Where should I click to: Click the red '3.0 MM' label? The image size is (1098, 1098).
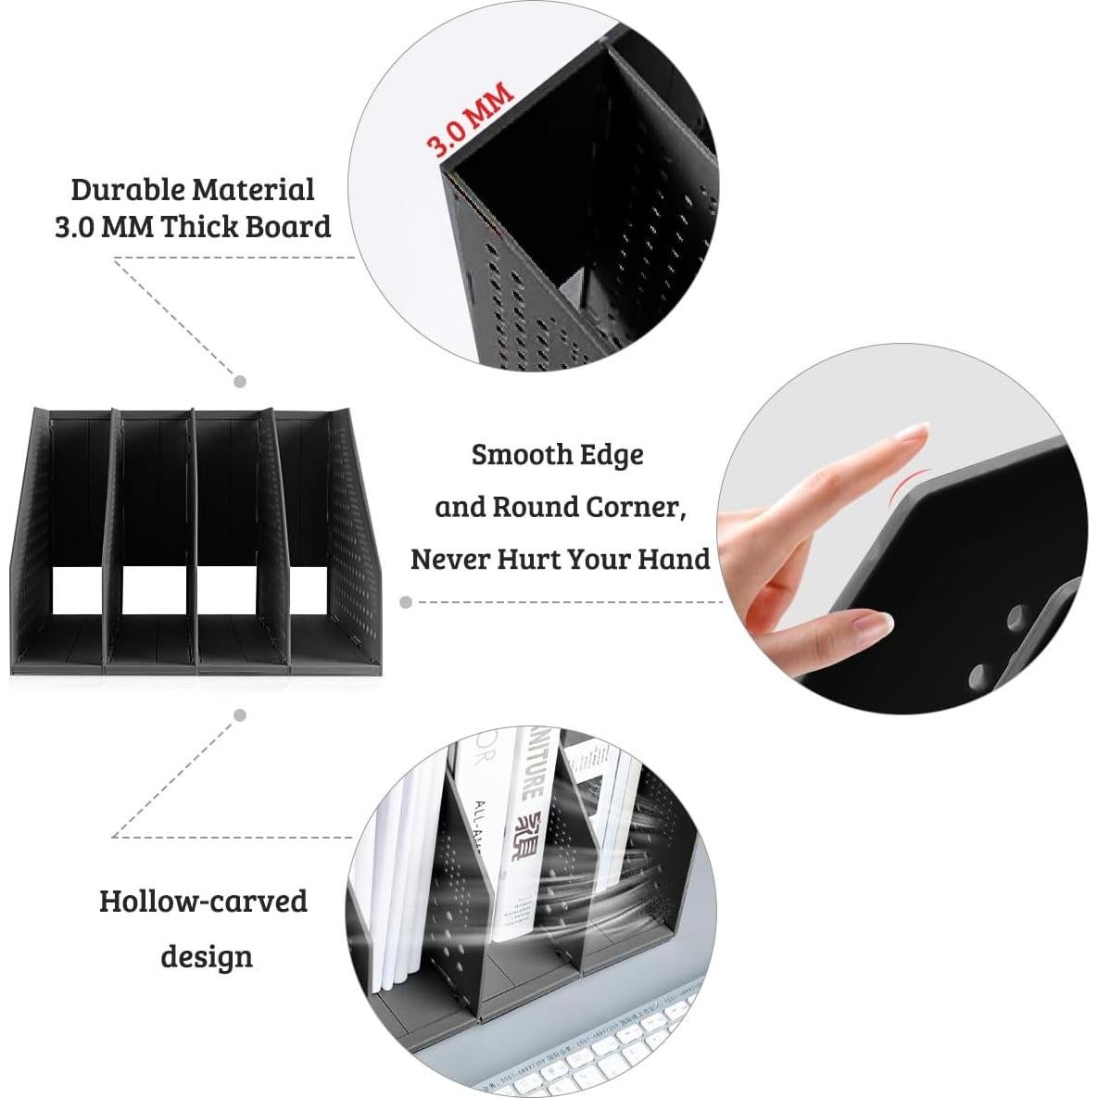click(469, 120)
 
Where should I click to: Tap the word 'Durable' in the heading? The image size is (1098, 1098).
click(128, 189)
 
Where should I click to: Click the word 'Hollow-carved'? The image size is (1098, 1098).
click(203, 901)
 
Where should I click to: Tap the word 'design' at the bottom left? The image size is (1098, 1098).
click(207, 956)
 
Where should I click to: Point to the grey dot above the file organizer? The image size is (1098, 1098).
click(240, 382)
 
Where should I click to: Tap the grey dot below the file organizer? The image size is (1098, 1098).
click(240, 714)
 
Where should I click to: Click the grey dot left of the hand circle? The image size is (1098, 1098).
click(406, 602)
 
